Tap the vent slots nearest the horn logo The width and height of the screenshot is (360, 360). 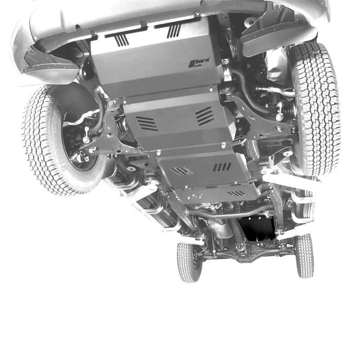coord(174,31)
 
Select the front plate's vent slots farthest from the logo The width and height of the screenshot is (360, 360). coord(121,40)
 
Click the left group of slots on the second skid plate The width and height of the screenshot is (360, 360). coord(147,123)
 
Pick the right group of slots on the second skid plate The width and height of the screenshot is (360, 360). coord(205,116)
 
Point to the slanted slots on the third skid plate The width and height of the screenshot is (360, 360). coord(181,171)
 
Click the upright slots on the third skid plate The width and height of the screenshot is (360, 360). coord(222,167)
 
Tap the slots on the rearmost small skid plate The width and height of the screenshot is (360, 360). coord(237,193)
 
